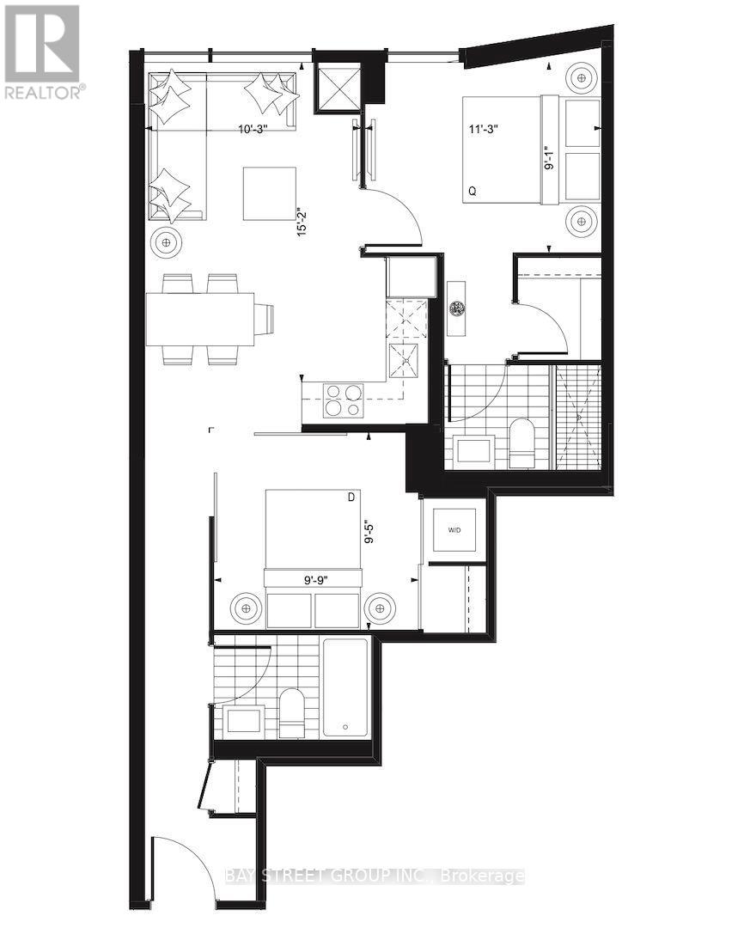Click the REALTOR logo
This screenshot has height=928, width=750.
point(42,52)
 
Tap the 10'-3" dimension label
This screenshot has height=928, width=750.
point(254,130)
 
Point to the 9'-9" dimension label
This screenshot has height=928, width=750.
point(311,580)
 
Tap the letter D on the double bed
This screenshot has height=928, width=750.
point(351,497)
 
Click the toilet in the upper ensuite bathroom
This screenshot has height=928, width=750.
point(522,443)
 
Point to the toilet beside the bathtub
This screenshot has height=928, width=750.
point(293,713)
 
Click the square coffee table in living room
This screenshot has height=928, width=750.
point(269,193)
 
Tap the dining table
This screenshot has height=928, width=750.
point(200,319)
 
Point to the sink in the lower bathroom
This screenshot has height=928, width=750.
point(245,720)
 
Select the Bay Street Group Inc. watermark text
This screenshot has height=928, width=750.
point(375,876)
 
